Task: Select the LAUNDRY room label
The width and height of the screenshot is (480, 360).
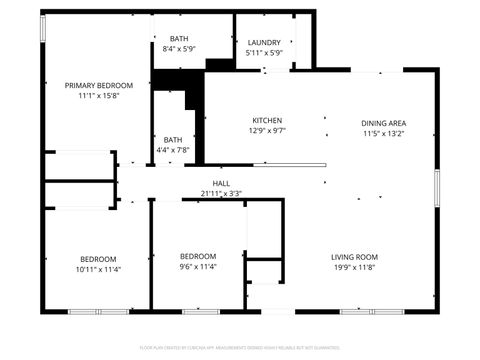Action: click(264, 42)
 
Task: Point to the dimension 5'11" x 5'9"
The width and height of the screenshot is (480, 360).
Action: click(264, 52)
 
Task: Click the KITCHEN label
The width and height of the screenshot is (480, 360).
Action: click(267, 120)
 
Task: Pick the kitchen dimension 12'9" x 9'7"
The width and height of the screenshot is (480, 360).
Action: click(267, 130)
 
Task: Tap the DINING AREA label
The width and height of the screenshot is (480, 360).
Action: click(384, 124)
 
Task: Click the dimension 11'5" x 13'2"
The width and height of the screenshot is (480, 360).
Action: click(384, 134)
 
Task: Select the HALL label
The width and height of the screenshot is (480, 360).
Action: click(221, 183)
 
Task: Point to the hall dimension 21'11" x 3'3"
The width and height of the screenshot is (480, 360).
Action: click(221, 192)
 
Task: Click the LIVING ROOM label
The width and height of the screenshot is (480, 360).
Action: click(355, 258)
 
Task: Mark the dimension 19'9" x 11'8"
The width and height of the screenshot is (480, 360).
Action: click(355, 268)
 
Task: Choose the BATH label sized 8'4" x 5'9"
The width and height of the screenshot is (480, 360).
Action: click(179, 38)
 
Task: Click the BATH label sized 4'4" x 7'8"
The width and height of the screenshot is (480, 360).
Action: click(173, 140)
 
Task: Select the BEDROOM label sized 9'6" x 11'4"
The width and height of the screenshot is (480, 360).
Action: click(198, 257)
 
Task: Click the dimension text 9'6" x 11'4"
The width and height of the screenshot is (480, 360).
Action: click(198, 267)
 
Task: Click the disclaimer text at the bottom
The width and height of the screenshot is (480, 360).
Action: click(240, 346)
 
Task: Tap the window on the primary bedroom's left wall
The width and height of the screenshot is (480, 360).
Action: click(42, 28)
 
